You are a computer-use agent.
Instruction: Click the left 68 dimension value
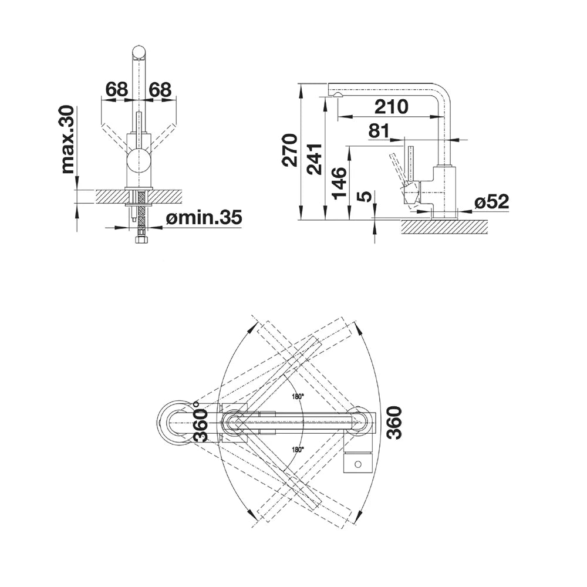tap(117, 89)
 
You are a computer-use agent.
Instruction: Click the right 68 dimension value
tap(160, 89)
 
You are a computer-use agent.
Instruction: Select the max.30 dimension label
tap(68, 140)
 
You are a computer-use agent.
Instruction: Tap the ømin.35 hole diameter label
tap(204, 218)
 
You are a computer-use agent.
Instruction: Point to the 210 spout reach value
tap(391, 107)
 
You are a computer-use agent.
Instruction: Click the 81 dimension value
tap(379, 131)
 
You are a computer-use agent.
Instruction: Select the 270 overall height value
tap(290, 150)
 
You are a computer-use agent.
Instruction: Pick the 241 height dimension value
tap(315, 159)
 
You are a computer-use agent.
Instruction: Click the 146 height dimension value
tap(339, 183)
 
